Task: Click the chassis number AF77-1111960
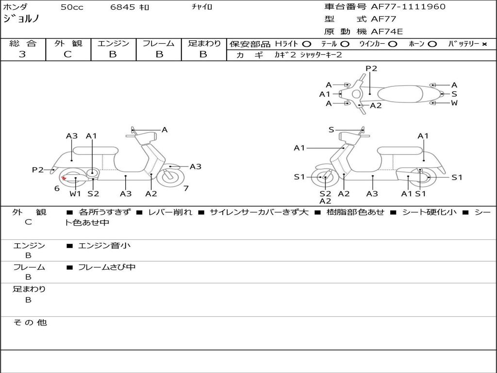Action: coord(408,7)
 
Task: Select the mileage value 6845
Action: coord(122,7)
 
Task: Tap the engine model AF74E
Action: coord(387,32)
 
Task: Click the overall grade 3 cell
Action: coord(22,54)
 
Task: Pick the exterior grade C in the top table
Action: coord(67,54)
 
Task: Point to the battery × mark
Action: coord(484,44)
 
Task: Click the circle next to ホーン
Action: coord(432,44)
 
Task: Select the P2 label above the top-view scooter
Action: coord(371,68)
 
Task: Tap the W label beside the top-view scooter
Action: coord(454,103)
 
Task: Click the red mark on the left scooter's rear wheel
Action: coord(64,178)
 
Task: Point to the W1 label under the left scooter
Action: coord(75,193)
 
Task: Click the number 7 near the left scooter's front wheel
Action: coord(186,188)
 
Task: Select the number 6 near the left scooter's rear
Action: coord(57,188)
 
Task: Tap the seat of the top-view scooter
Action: coord(400,94)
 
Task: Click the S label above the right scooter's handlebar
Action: coord(331,130)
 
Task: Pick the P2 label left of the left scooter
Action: coord(38,170)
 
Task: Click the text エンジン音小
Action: coord(104,245)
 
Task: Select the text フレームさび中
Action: coord(107,267)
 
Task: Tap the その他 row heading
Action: coord(30,322)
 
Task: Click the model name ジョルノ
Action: coord(21,19)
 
